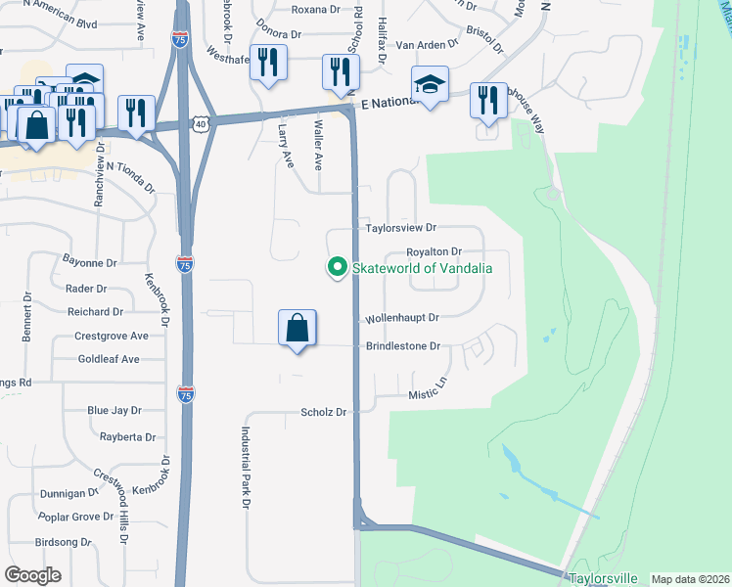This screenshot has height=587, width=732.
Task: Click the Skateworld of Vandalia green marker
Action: click(338, 267)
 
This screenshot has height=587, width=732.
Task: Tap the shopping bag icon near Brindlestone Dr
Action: click(297, 329)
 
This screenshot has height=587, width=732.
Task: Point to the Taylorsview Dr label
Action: click(400, 228)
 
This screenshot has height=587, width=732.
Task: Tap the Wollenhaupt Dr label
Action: click(403, 317)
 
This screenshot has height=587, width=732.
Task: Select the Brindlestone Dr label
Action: click(403, 346)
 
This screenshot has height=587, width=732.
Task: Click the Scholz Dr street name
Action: click(324, 413)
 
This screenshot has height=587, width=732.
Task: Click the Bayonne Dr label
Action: click(89, 263)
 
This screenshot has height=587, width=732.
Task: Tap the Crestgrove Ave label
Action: click(112, 336)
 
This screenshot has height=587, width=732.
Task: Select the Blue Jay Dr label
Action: click(114, 411)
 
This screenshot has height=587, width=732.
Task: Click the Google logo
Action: click(33, 575)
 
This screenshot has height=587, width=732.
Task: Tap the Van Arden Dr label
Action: click(427, 45)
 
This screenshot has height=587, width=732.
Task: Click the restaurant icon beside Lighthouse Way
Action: click(486, 100)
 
